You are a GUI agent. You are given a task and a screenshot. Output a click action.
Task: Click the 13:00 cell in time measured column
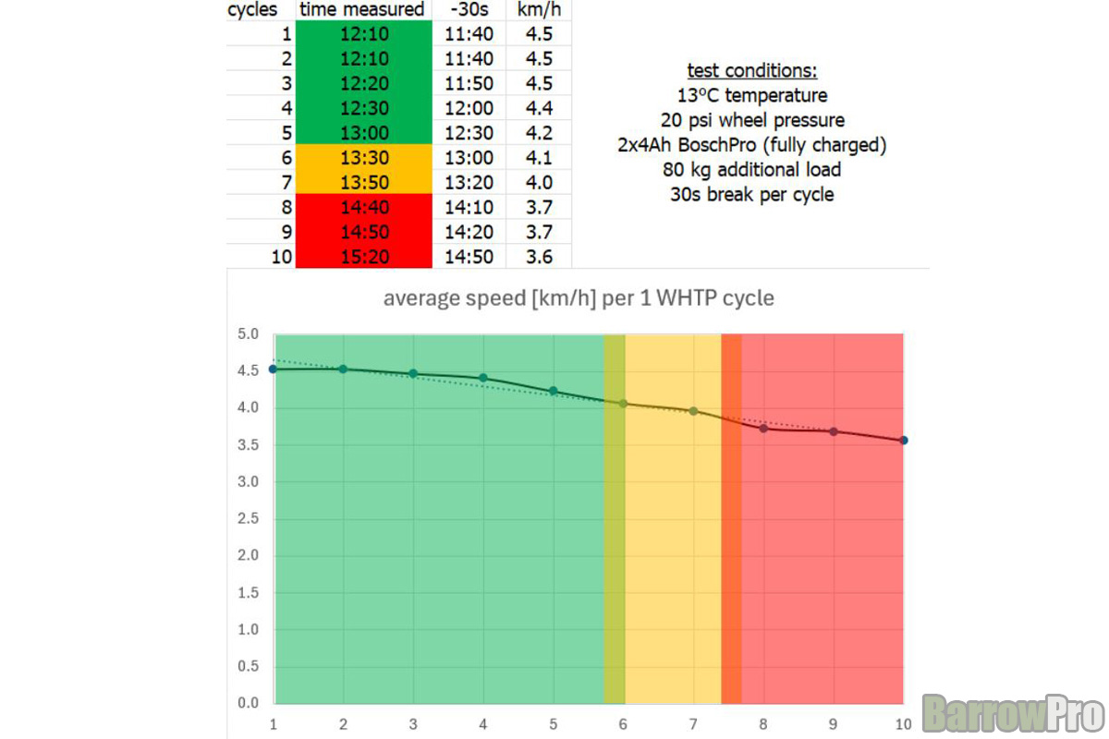tap(364, 133)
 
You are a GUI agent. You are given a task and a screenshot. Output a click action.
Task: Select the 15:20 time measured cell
tap(364, 257)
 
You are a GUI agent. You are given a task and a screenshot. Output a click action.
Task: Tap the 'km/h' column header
tap(539, 10)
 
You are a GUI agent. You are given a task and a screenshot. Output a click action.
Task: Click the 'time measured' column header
tap(364, 10)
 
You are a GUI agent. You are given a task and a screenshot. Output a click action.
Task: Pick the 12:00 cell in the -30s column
tap(469, 108)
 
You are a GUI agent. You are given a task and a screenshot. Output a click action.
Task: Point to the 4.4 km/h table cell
tap(539, 108)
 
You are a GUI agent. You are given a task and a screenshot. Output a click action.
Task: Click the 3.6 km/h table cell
tap(539, 257)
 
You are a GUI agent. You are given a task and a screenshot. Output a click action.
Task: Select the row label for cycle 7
tap(286, 182)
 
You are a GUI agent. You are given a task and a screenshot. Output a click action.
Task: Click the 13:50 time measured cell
tap(364, 182)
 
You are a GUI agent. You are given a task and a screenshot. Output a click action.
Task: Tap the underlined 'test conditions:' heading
tap(751, 71)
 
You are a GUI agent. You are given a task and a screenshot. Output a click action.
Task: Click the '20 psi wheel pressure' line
tap(751, 120)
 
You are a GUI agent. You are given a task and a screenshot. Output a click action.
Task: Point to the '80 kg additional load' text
tap(751, 170)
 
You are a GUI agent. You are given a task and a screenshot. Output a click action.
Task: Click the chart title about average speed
tap(579, 299)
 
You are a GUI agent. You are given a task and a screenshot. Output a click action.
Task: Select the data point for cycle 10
tap(903, 441)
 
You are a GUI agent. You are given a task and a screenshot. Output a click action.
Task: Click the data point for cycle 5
tap(554, 391)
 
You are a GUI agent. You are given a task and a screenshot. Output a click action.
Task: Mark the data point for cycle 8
tap(763, 428)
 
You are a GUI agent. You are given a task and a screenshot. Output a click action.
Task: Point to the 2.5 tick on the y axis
tap(247, 518)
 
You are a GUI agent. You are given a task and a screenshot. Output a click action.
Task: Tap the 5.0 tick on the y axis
tap(247, 334)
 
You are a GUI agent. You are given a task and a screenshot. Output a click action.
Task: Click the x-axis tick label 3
tap(413, 723)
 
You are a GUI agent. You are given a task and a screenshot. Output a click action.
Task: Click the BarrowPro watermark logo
tap(1013, 713)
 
